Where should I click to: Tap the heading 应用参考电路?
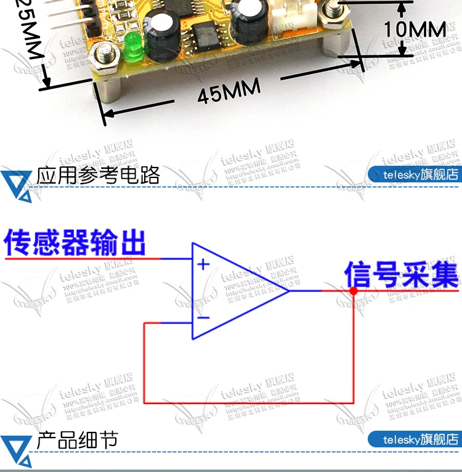[99, 175]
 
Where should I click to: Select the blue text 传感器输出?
[75, 242]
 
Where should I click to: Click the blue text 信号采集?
[401, 274]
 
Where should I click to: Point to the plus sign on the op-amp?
[203, 266]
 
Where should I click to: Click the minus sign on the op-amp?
[203, 318]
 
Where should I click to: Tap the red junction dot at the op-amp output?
[354, 290]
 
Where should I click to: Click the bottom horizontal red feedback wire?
[249, 402]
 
